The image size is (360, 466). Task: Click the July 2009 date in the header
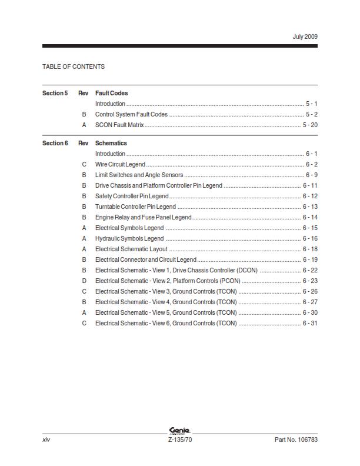pyautogui.click(x=305, y=36)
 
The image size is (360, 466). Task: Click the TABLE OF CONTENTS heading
pyautogui.click(x=74, y=66)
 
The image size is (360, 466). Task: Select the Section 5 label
pyautogui.click(x=55, y=93)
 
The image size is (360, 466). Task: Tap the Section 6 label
pyautogui.click(x=55, y=143)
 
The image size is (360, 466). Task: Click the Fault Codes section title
pyautogui.click(x=111, y=93)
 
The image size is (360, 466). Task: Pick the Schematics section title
pyautogui.click(x=111, y=143)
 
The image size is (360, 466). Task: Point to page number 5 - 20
pyautogui.click(x=310, y=125)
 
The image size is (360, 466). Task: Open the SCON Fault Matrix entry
pyautogui.click(x=119, y=125)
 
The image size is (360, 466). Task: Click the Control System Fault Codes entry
pyautogui.click(x=131, y=114)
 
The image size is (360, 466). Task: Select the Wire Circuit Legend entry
pyautogui.click(x=120, y=164)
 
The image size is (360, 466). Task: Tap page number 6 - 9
pyautogui.click(x=311, y=175)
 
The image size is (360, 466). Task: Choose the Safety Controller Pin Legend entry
pyautogui.click(x=132, y=196)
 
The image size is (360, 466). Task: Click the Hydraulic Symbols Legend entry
pyautogui.click(x=129, y=238)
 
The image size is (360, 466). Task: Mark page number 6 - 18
pyautogui.click(x=310, y=249)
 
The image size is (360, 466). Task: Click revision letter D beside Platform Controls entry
pyautogui.click(x=84, y=281)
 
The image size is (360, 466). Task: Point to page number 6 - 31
pyautogui.click(x=310, y=323)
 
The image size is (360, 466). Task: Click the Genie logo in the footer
pyautogui.click(x=179, y=431)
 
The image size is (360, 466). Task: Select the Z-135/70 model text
pyautogui.click(x=180, y=440)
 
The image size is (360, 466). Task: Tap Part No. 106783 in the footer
pyautogui.click(x=296, y=440)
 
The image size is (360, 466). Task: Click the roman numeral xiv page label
pyautogui.click(x=46, y=440)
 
